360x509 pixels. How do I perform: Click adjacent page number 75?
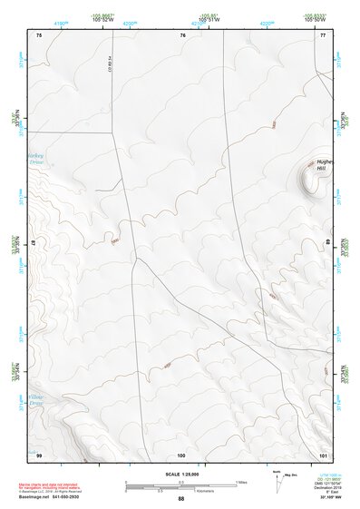pos(39,34)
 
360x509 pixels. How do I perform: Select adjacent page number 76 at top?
pos(183,34)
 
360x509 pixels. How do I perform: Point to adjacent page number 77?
pos(323,34)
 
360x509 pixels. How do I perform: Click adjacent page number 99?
pos(39,454)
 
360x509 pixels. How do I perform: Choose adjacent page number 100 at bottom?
pos(181,454)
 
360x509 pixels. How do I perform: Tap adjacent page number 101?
pos(323,454)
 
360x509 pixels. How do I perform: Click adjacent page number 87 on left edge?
pos(34,243)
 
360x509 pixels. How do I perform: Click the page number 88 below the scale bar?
pos(180,499)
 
